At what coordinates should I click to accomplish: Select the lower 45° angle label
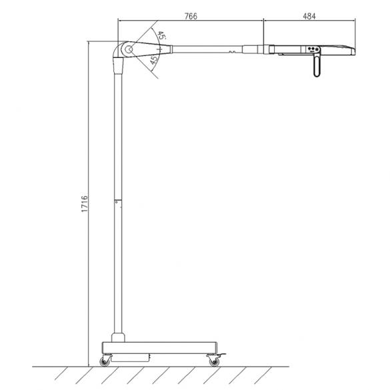154,61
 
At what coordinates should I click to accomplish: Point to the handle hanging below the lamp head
315,67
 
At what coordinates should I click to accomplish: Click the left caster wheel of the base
105,361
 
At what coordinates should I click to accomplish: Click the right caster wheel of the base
214,361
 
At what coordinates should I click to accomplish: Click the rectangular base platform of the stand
160,346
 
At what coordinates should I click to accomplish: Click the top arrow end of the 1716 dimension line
88,42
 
